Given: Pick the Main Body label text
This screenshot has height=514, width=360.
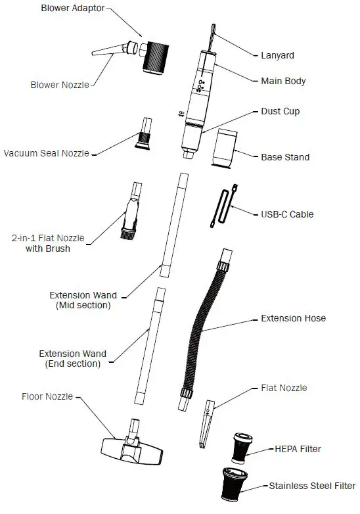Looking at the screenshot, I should tap(284, 82).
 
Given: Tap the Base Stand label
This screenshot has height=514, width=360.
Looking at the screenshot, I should tap(285, 157).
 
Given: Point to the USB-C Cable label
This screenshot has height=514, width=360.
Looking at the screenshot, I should tap(287, 214).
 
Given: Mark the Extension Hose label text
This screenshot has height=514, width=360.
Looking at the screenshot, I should tap(293, 318).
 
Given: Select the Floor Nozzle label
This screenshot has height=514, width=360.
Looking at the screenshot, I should tap(47, 396).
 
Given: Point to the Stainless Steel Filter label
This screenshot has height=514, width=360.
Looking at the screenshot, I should tap(312, 486).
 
